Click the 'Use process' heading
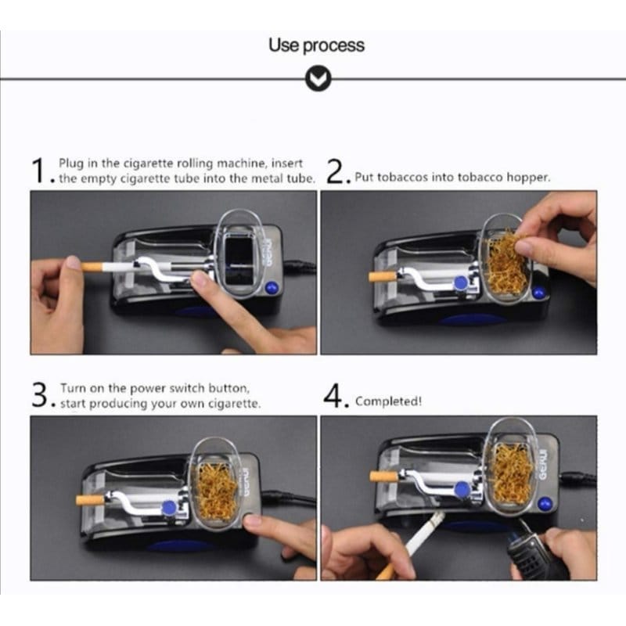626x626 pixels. [x=316, y=45]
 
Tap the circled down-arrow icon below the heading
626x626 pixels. [x=318, y=79]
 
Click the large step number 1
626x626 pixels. [x=39, y=171]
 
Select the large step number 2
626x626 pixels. [x=335, y=171]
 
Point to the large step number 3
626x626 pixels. [x=40, y=395]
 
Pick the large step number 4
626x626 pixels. [x=333, y=396]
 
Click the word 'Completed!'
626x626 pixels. [x=388, y=401]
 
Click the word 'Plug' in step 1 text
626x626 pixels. [x=71, y=164]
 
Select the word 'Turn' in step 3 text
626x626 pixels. [x=73, y=388]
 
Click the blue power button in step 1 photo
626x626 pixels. [x=272, y=287]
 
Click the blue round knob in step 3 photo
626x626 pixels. [x=169, y=508]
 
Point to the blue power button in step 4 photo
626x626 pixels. [x=545, y=504]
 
